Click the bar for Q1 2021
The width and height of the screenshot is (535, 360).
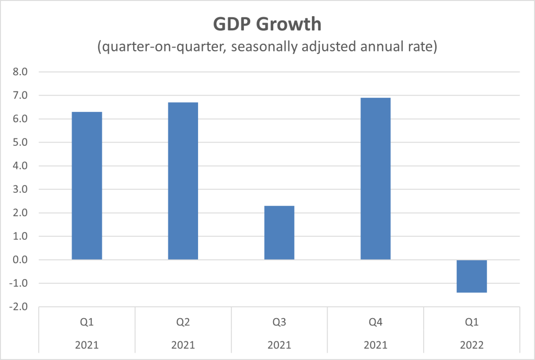tap(87, 185)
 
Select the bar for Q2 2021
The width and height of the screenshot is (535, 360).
tap(183, 181)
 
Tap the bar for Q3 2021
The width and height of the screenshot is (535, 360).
tap(279, 233)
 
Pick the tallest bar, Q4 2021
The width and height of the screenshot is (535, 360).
tap(375, 179)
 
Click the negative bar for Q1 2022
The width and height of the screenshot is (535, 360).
tap(472, 276)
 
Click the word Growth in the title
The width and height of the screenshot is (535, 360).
tap(293, 25)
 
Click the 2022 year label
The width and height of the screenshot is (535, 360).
tap(472, 345)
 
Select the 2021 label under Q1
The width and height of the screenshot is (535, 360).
tap(87, 345)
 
